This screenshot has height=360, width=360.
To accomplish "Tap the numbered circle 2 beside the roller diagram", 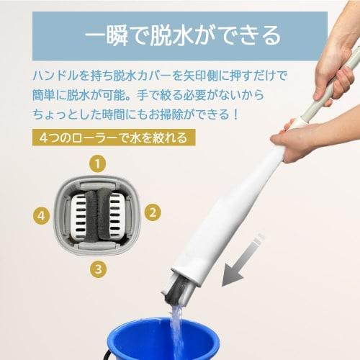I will tap(153, 212).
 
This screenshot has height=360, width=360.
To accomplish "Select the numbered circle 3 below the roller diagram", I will tap(98, 269).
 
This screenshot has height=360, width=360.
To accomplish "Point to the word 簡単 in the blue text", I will tap(44, 94).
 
